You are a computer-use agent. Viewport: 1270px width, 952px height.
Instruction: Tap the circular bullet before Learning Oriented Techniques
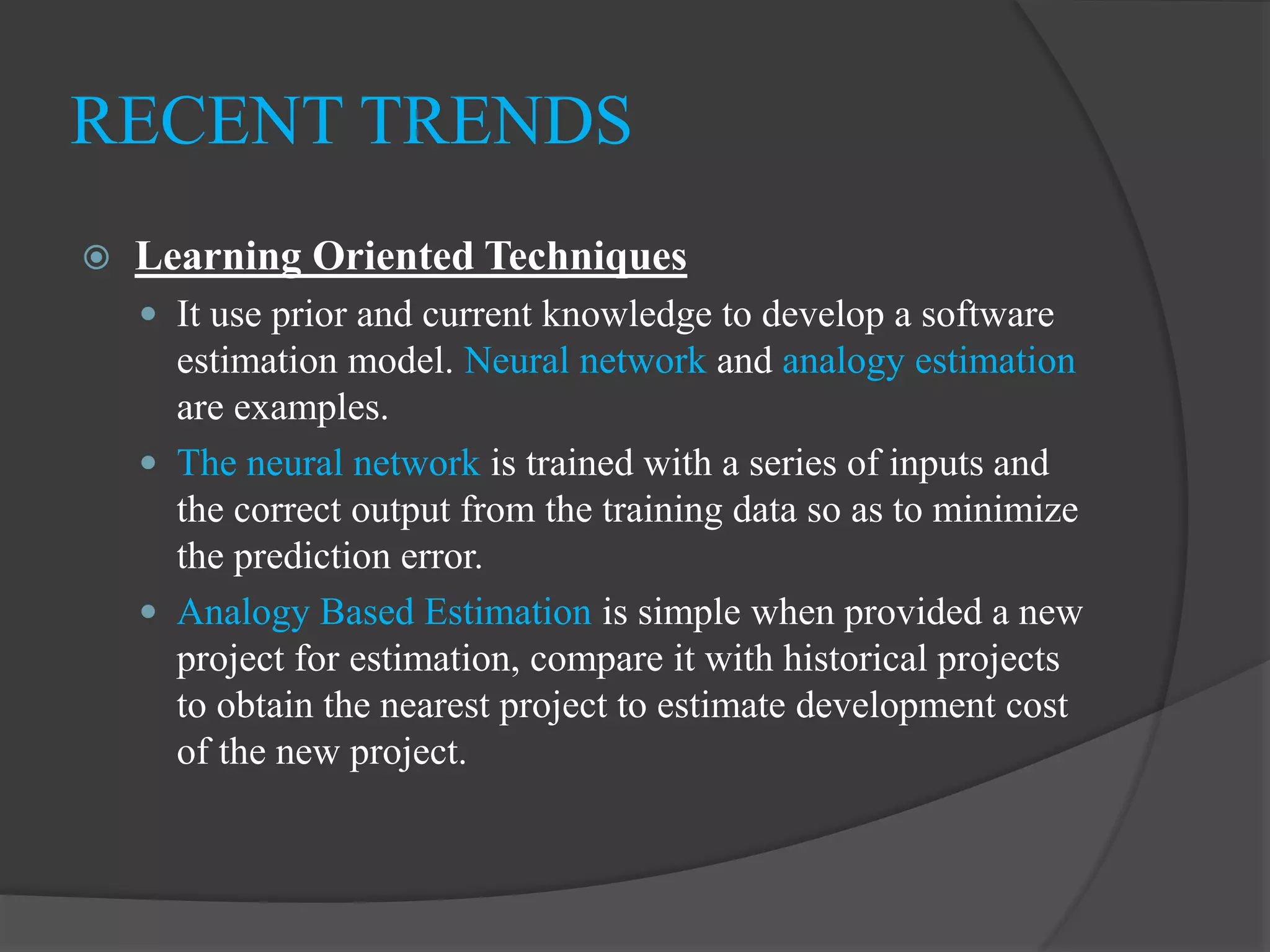pos(97,257)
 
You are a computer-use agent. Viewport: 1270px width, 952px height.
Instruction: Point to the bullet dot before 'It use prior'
pos(148,314)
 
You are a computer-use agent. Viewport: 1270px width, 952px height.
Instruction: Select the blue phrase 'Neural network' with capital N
pos(585,361)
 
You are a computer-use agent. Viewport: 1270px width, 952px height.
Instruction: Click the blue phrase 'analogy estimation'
pos(928,361)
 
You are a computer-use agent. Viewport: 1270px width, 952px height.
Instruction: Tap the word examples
pos(311,408)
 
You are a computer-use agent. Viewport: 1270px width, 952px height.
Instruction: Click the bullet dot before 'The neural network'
pos(148,463)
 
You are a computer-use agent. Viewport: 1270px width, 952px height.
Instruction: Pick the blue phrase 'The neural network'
pos(328,463)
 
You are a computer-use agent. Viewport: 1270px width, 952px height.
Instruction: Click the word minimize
pos(1005,510)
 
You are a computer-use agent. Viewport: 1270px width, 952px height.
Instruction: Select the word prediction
pos(311,557)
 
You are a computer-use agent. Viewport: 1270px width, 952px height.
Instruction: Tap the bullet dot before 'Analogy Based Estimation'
pos(148,612)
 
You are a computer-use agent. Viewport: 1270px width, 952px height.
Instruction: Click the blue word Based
pos(366,612)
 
